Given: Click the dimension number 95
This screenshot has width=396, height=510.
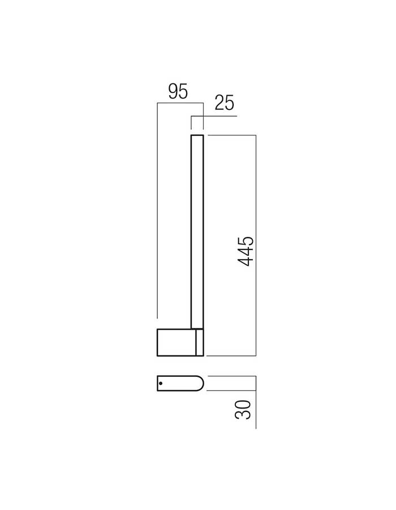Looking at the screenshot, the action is click(178, 91).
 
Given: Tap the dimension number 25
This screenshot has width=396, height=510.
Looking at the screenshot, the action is click(225, 103).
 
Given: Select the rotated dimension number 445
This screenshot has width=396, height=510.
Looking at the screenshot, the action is click(246, 252).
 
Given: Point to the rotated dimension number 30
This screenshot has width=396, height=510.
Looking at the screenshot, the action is click(243, 410).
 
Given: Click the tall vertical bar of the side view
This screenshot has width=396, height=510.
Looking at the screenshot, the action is click(197, 232).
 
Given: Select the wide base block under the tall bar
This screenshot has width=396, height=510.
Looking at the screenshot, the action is click(180, 342).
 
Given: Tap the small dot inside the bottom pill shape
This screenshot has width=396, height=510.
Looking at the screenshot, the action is click(161, 384).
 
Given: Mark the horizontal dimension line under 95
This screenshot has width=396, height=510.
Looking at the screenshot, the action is click(180, 103).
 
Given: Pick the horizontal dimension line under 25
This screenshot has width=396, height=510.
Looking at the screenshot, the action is click(214, 116).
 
